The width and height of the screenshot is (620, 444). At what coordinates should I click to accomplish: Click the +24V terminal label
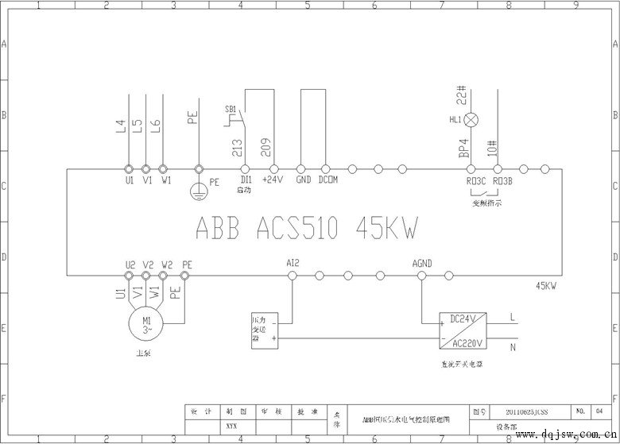coord(274,180)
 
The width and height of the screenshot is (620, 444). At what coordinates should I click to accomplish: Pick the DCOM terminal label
coord(327,180)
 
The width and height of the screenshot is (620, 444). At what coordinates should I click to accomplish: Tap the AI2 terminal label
coord(292,262)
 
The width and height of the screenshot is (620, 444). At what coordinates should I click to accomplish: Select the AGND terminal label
coord(422,262)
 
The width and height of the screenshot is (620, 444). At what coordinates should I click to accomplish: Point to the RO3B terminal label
coord(502,180)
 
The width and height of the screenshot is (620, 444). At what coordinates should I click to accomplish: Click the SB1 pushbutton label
coord(231,107)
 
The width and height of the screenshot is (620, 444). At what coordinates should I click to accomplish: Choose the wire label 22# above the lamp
coord(461,94)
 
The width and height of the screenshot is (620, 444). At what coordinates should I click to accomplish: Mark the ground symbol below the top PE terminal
coord(199,190)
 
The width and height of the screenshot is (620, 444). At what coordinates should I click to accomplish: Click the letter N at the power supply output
coord(511,347)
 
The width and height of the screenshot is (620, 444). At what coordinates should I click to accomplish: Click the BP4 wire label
coord(462,149)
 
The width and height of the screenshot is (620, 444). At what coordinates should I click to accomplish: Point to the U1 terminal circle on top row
coord(129,169)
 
